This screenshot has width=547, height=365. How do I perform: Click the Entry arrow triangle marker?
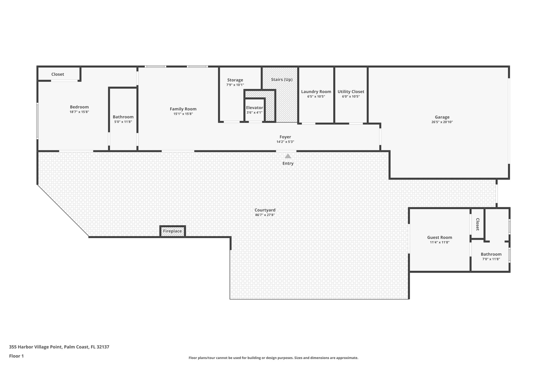(288, 156)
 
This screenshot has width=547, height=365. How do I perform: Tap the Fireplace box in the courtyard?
(173, 231)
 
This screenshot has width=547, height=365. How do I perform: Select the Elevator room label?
(254, 108)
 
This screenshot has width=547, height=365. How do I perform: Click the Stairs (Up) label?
(282, 80)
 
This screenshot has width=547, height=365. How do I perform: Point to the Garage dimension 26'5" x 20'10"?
(442, 122)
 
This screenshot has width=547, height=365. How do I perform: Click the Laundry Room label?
(316, 92)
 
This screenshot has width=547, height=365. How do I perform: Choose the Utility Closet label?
(351, 92)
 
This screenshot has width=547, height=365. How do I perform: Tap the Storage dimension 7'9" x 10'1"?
(235, 85)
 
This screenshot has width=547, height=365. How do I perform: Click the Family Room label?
(183, 109)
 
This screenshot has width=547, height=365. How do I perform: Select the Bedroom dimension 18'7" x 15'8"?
(79, 112)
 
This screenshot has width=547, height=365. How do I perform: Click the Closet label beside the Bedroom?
(58, 74)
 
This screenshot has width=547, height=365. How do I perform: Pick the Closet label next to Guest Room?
(478, 224)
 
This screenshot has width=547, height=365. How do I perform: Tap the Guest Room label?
(439, 237)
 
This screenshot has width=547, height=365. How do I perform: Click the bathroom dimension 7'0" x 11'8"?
(491, 259)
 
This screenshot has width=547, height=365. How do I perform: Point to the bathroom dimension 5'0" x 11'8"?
(123, 122)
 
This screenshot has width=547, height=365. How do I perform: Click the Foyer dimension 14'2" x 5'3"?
(285, 142)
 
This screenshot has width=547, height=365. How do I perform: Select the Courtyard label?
(265, 210)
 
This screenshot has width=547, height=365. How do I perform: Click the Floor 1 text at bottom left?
(17, 356)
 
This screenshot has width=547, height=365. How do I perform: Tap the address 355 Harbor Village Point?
(59, 347)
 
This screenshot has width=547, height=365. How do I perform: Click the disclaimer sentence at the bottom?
(273, 358)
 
